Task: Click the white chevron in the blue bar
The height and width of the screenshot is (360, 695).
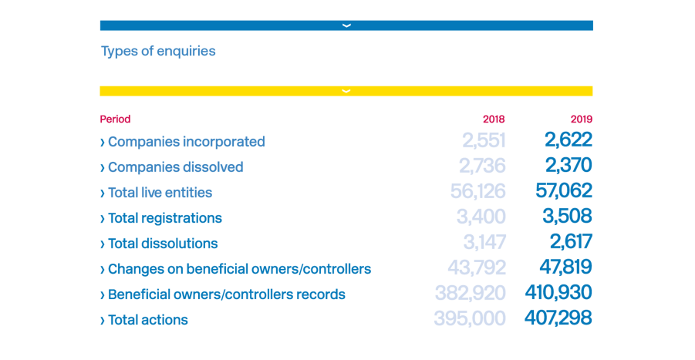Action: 346,25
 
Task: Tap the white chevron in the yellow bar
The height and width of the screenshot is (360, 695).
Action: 346,91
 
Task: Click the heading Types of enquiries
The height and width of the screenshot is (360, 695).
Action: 158,52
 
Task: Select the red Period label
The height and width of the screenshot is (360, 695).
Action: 115,119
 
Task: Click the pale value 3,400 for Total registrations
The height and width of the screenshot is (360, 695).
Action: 481,217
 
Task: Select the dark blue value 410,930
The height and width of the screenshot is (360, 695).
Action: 558,293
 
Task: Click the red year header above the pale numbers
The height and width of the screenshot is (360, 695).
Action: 494,119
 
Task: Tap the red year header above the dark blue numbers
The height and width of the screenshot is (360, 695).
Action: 581,119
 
